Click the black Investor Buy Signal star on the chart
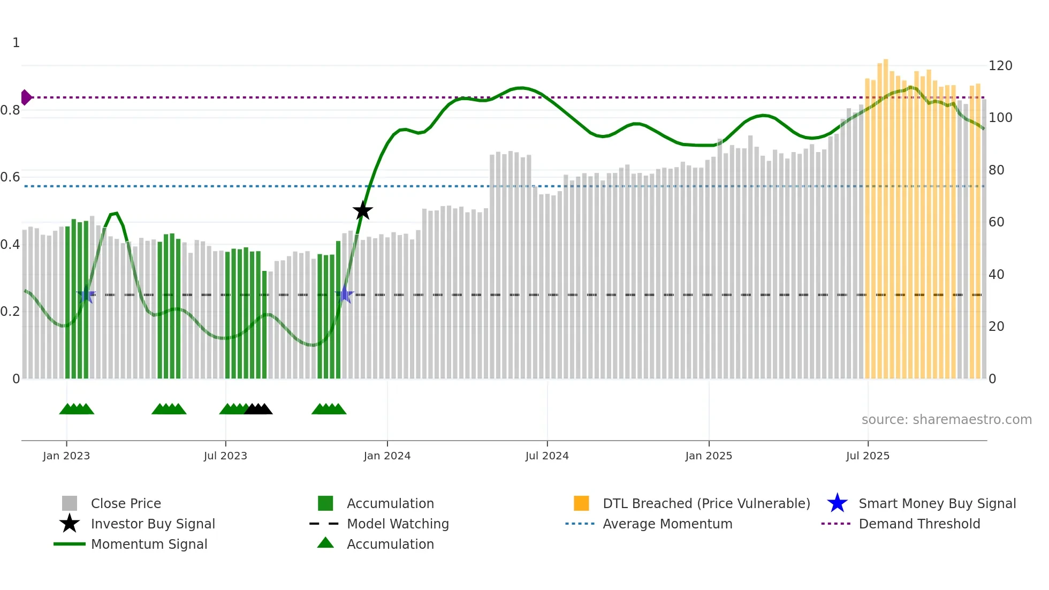pyautogui.click(x=363, y=210)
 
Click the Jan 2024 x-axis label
pyautogui.click(x=387, y=456)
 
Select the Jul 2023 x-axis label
pyautogui.click(x=225, y=456)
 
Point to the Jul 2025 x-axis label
pyautogui.click(x=868, y=456)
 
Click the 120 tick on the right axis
pyautogui.click(x=1000, y=66)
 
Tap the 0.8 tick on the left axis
pyautogui.click(x=10, y=110)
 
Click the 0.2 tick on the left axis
pyautogui.click(x=10, y=312)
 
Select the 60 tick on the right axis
pyautogui.click(x=996, y=222)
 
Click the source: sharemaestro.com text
pyautogui.click(x=946, y=420)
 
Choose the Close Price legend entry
pyautogui.click(x=126, y=503)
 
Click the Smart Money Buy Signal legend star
pyautogui.click(x=837, y=503)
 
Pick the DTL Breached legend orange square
pyautogui.click(x=581, y=503)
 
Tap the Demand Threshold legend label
pyautogui.click(x=919, y=524)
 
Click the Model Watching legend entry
pyautogui.click(x=398, y=524)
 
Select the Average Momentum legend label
pyautogui.click(x=667, y=524)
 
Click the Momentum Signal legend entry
pyautogui.click(x=149, y=544)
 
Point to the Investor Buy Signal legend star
pyautogui.click(x=70, y=524)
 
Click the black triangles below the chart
pyautogui.click(x=259, y=410)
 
